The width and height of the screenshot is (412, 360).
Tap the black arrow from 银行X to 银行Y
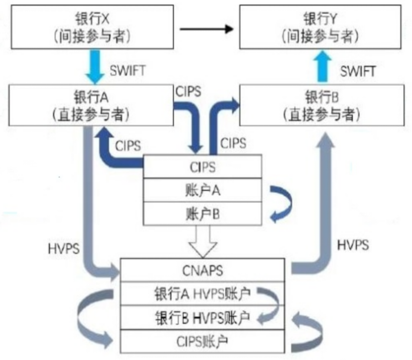(206, 29)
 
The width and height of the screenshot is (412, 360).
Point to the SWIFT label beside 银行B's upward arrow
(357, 71)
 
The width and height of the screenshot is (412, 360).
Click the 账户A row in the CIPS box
(202, 190)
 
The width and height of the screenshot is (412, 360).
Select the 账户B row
(202, 214)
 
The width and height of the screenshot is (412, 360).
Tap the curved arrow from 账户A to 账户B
(282, 202)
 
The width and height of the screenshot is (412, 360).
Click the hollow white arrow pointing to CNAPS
(202, 241)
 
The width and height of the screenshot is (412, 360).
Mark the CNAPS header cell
(202, 270)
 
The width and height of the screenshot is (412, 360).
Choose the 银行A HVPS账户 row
(202, 294)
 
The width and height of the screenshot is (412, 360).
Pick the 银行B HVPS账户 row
(202, 317)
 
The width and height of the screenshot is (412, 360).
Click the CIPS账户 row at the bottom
(202, 341)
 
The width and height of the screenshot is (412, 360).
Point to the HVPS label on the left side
(64, 249)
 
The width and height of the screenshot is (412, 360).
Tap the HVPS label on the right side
(353, 245)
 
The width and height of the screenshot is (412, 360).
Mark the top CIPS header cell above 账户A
(202, 167)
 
